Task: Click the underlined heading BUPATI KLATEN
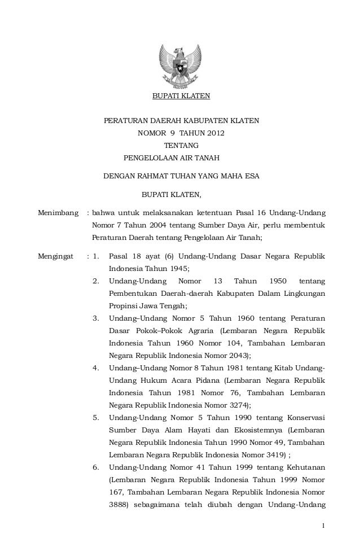tap(181, 96)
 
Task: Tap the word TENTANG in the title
tap(181, 146)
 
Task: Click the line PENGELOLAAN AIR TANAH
tap(171, 158)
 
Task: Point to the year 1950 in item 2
tap(277, 281)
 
